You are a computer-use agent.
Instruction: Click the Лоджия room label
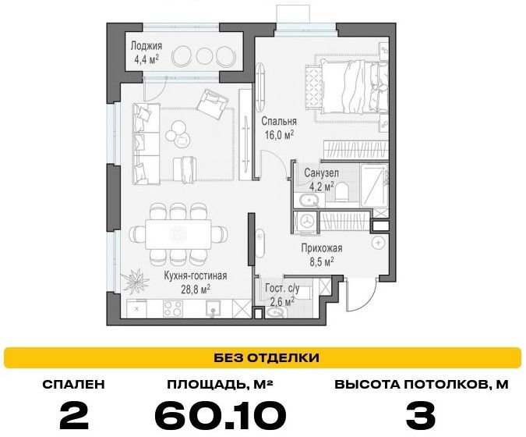coord(147,46)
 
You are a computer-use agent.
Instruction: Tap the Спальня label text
coord(279,121)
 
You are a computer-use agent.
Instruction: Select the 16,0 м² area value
coord(279,135)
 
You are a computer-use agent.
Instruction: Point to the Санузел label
coord(321,173)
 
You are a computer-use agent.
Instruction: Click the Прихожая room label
coord(322,249)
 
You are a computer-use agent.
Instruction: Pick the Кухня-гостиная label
coord(196,275)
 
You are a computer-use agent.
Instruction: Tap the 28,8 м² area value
coord(196,289)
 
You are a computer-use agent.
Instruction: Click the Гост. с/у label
coord(282,288)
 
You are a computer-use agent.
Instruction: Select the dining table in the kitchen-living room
coord(178,234)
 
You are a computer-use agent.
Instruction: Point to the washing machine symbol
coord(306,222)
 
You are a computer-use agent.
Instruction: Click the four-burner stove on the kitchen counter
coord(173,309)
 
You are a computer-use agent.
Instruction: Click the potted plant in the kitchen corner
coord(135,279)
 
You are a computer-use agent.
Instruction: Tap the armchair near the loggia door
coord(212,104)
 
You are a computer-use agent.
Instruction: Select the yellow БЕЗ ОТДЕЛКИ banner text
coord(267,357)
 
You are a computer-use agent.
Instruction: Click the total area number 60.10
coord(221,415)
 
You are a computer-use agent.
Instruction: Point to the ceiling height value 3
coord(421,415)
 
